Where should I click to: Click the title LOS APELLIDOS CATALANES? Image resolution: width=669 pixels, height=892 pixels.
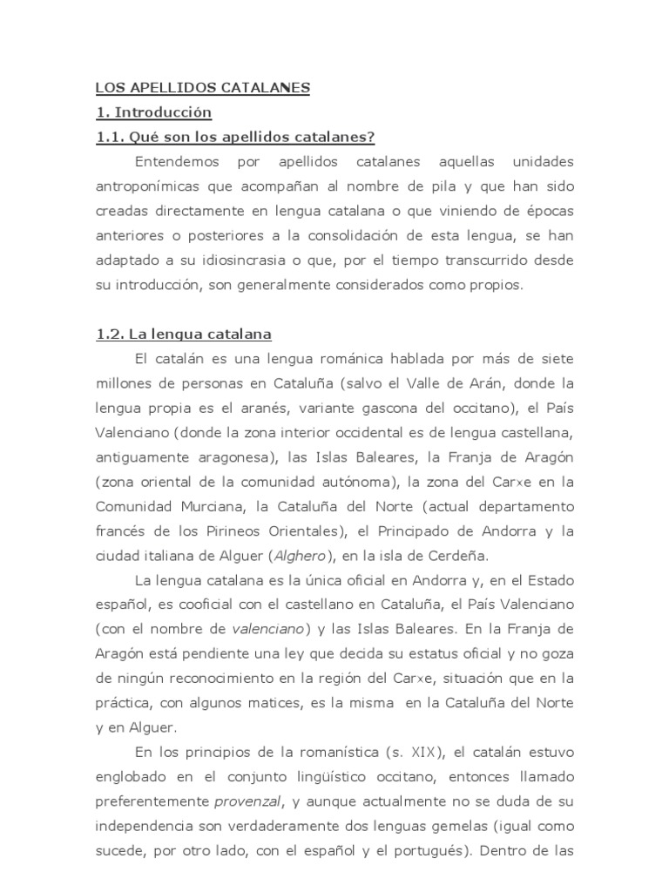[202, 88]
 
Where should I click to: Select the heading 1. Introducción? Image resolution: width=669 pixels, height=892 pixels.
[153, 112]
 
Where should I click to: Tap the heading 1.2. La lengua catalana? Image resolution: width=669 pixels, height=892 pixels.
[183, 334]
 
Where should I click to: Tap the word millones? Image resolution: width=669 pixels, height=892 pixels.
[121, 383]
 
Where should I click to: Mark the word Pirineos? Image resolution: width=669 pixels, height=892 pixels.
[226, 531]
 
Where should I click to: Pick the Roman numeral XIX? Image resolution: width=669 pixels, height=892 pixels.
[424, 752]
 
